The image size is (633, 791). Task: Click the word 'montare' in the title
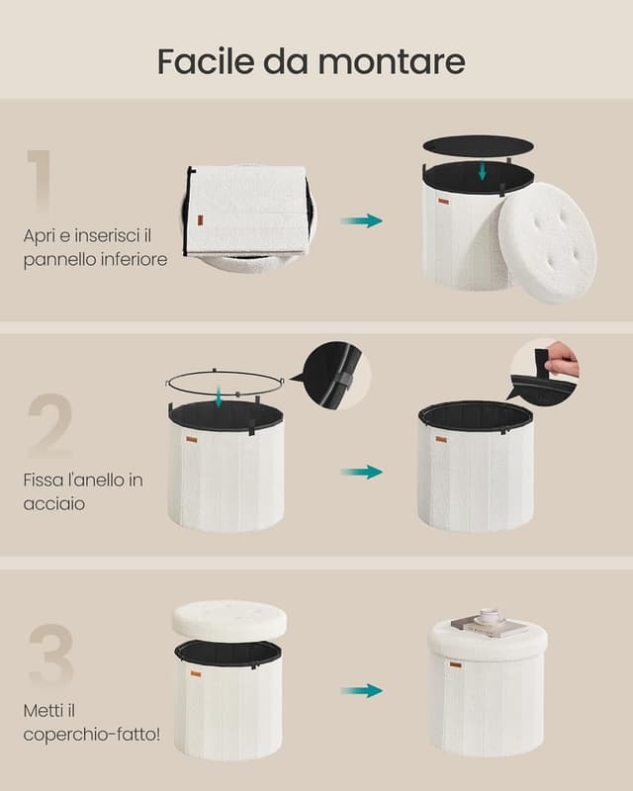392,61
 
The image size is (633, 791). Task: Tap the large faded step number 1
40,181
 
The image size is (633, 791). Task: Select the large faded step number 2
49,425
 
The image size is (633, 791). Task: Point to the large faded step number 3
51,656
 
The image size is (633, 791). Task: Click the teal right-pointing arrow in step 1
361,220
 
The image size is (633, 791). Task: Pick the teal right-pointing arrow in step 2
361,473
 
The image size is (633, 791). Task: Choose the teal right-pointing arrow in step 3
361,690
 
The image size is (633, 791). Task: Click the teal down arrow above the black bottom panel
482,170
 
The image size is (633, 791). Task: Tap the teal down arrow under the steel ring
218,396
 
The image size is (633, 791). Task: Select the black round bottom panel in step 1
478,145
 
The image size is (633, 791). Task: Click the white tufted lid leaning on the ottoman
548,242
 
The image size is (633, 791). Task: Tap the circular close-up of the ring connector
337,376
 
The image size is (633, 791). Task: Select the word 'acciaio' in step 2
54,503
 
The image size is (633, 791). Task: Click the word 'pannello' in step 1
59,259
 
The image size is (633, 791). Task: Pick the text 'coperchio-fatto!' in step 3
92,734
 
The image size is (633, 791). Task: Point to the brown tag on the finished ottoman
455,664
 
